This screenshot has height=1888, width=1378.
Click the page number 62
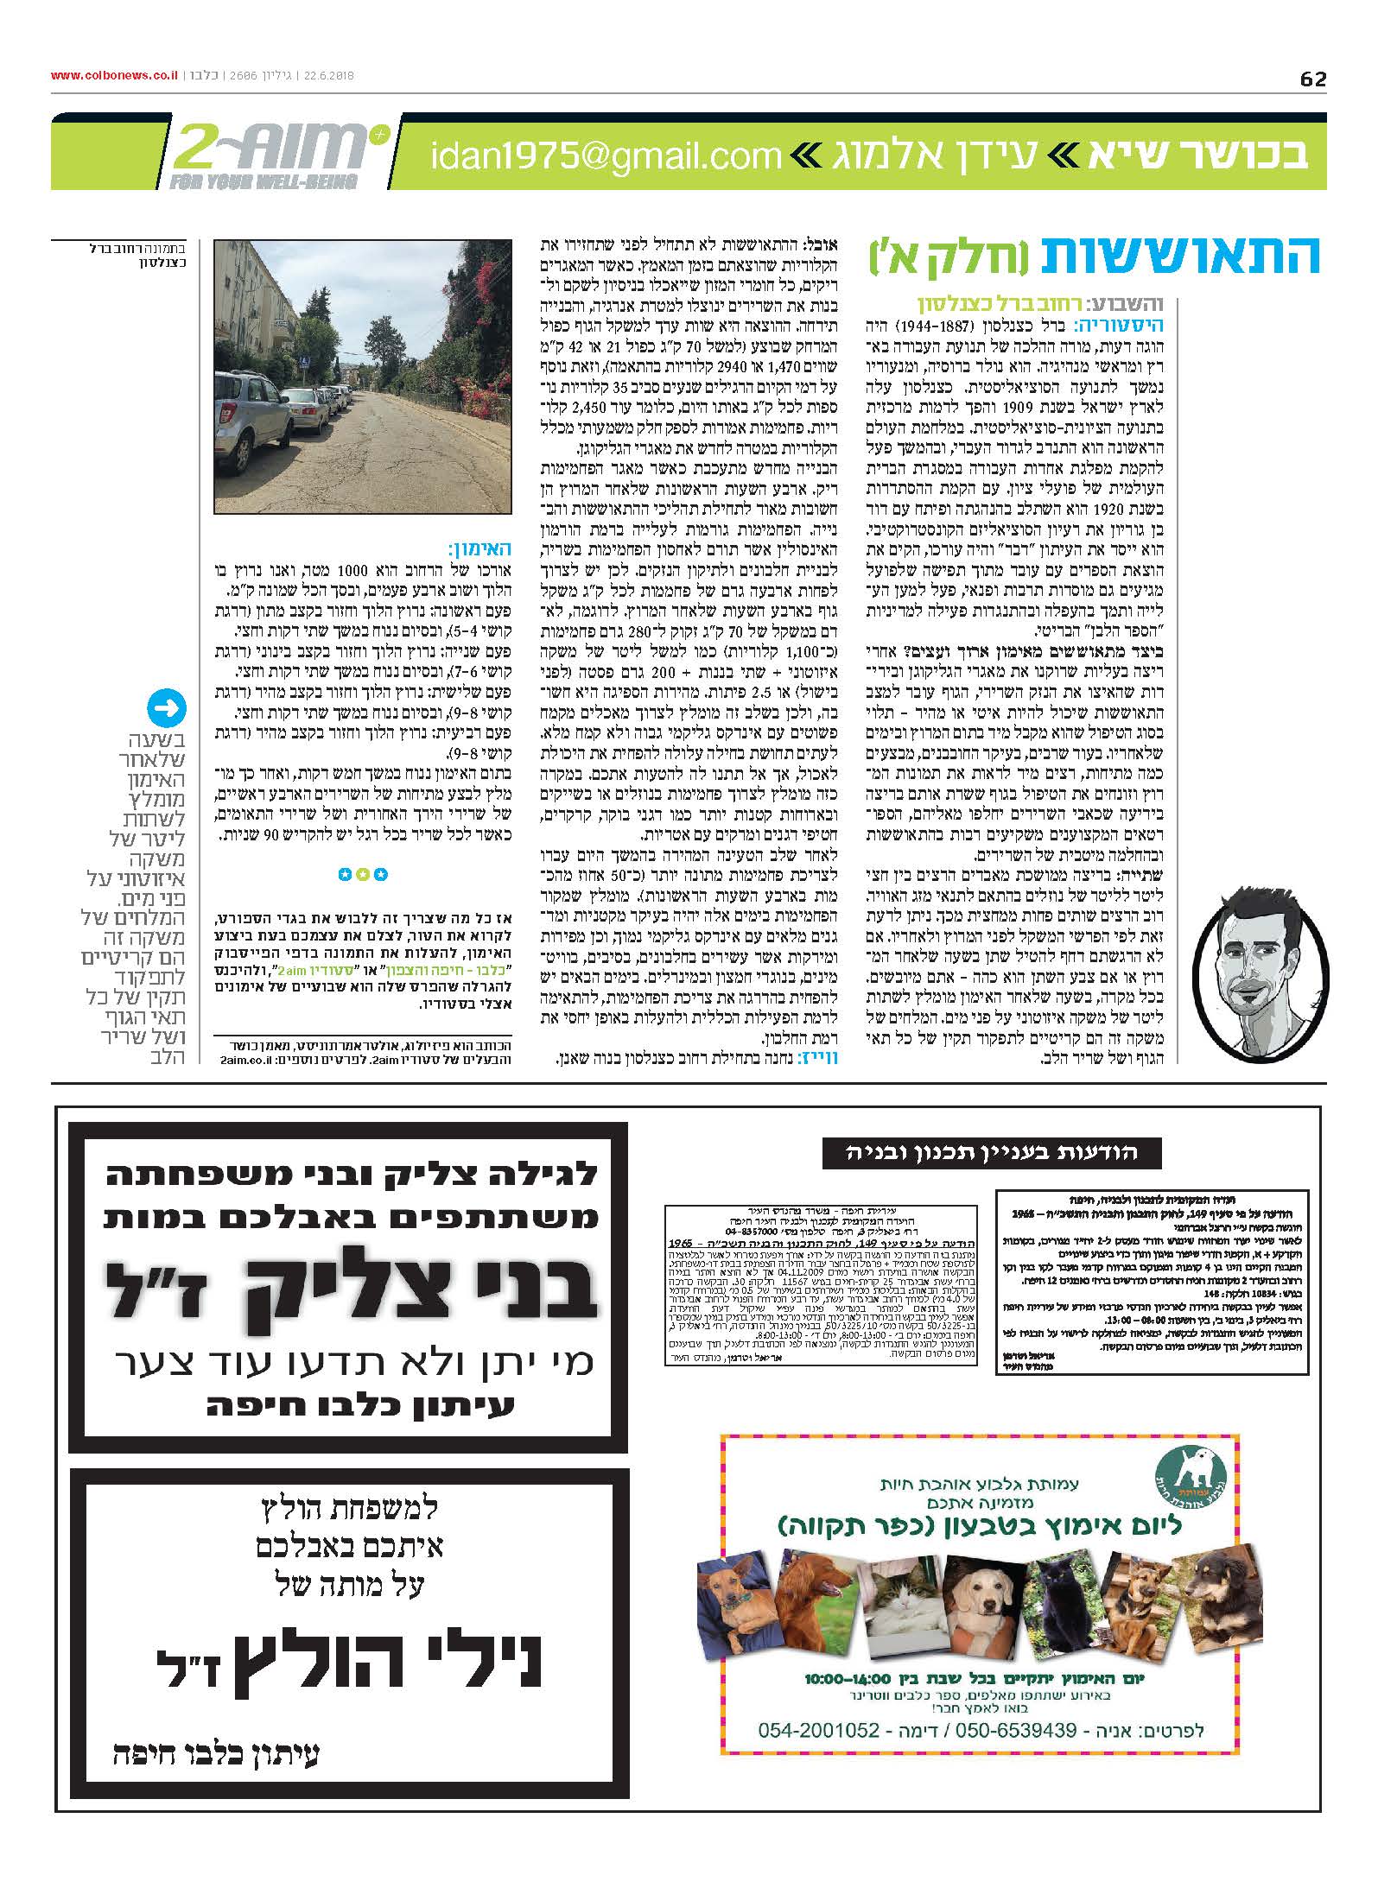point(1312,79)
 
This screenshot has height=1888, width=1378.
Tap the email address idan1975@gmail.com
point(606,156)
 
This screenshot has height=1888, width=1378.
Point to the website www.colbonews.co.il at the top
point(115,76)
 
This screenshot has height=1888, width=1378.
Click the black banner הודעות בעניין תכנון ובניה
point(992,1151)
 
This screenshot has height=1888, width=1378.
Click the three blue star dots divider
point(363,875)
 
